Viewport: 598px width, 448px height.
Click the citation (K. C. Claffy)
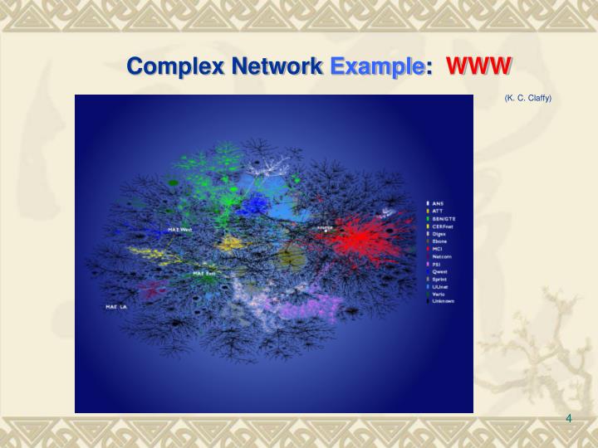[x=527, y=98]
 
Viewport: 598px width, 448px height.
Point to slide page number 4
[x=569, y=418]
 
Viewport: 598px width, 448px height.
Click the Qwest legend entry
[x=439, y=271]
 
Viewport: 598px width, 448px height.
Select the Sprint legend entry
[x=439, y=279]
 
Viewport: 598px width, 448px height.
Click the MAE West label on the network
[x=179, y=229]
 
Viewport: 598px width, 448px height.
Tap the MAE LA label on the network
[x=116, y=307]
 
